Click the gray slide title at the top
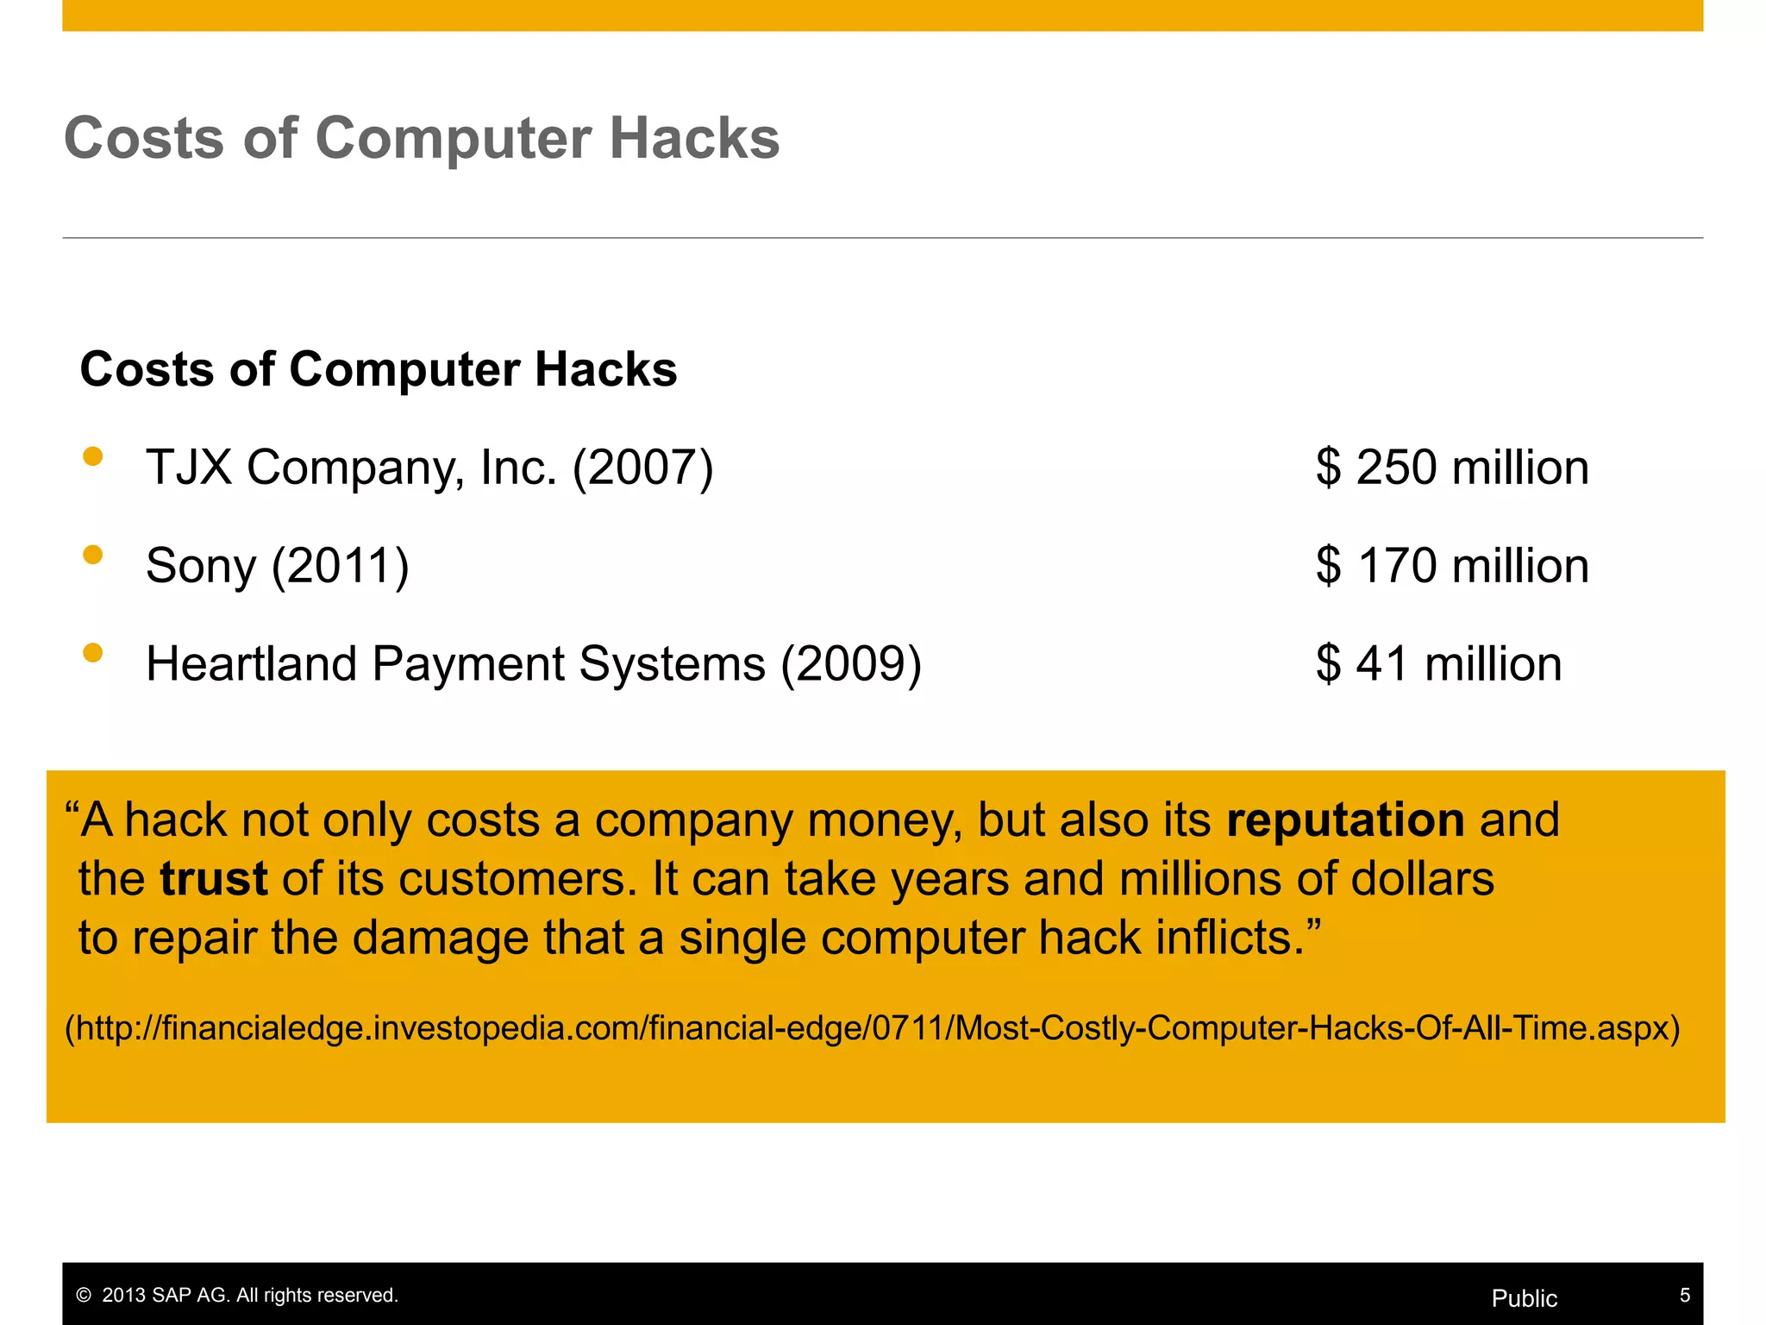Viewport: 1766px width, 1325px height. pos(422,138)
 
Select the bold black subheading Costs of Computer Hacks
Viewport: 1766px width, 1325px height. pos(379,369)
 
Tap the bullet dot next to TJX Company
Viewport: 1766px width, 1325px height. pos(93,456)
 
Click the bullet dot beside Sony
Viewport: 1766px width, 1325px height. pos(93,555)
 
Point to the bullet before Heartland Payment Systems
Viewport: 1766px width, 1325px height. pos(93,653)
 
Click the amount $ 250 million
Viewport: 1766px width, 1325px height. pos(1452,468)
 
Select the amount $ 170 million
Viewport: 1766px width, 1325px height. pos(1452,566)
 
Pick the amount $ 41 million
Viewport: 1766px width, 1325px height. pos(1438,664)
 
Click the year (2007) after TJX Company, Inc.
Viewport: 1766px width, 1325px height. pos(643,468)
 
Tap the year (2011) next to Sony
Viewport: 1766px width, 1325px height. pos(341,567)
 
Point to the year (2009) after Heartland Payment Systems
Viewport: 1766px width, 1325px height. pos(851,665)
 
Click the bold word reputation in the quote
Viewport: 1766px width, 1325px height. pos(1345,819)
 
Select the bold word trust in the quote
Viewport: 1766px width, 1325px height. pos(214,879)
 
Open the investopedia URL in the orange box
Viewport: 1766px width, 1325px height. pos(873,1028)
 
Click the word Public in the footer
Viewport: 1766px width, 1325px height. pos(1524,1298)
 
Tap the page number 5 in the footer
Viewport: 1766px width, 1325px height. pos(1684,1295)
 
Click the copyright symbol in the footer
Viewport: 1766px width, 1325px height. pos(84,1296)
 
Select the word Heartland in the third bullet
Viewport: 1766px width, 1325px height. pos(251,664)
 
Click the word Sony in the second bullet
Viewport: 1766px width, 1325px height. pos(201,567)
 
